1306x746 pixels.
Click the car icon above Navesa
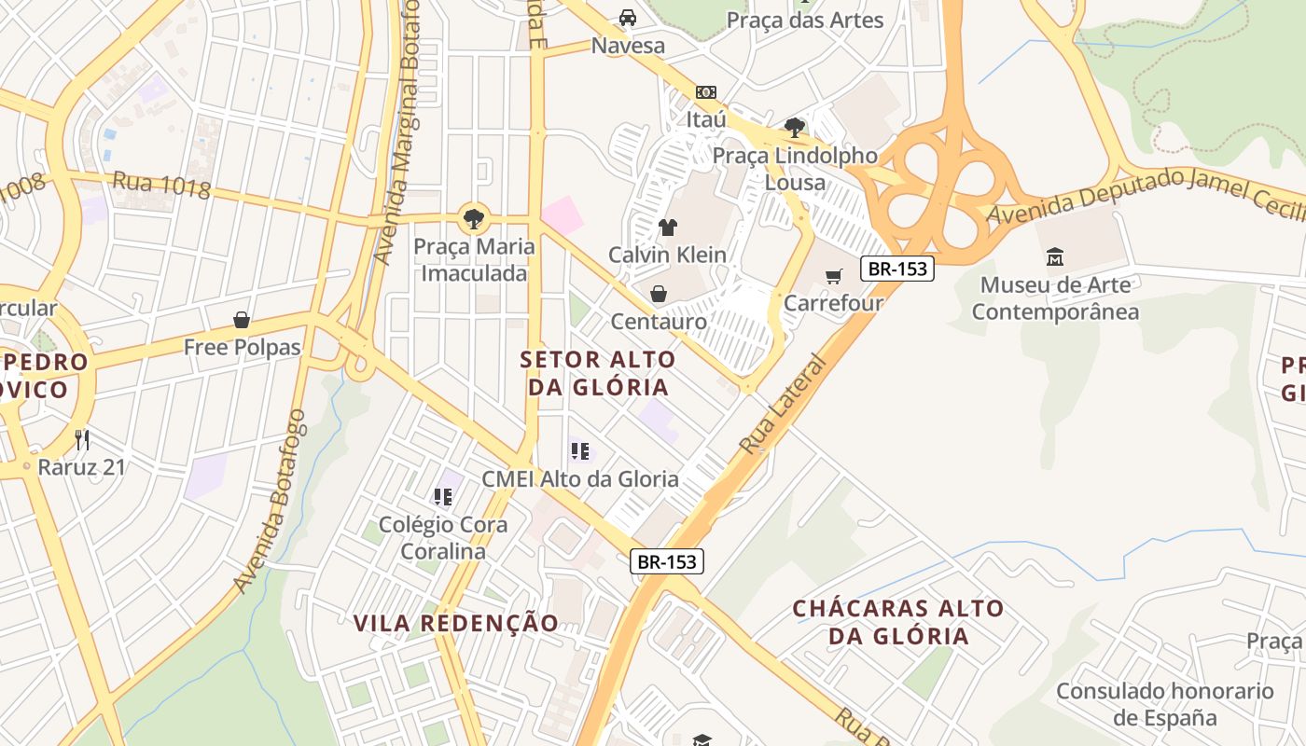[628, 18]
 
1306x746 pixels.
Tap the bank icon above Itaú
[706, 92]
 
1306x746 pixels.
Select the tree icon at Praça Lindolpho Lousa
[795, 127]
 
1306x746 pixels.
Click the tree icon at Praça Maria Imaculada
[474, 219]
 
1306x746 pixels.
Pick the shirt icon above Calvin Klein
[668, 227]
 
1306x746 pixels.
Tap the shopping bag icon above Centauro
[659, 295]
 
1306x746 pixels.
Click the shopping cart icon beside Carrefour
[833, 276]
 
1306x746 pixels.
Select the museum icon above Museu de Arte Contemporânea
[1055, 256]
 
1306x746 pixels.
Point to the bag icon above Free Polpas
[242, 321]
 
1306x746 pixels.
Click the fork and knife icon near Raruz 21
[82, 439]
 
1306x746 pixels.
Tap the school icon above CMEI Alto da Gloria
[580, 452]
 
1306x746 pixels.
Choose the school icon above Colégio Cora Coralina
[443, 497]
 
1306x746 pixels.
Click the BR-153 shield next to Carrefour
[897, 269]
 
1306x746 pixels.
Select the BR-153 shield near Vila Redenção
[667, 561]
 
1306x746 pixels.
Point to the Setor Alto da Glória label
[598, 373]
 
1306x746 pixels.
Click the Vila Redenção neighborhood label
[456, 623]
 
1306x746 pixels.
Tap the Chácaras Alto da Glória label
[898, 623]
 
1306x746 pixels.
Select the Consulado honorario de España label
[1165, 704]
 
